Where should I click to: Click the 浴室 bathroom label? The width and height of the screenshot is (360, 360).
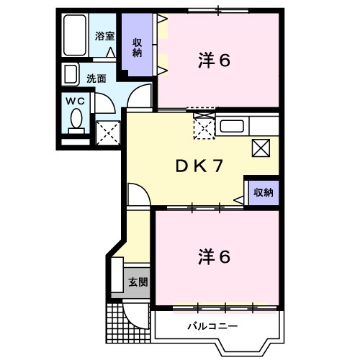tap(105, 36)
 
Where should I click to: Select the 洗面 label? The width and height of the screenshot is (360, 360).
tap(96, 78)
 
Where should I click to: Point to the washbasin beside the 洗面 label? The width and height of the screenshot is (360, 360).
tap(71, 75)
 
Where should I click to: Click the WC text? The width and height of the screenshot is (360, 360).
tap(76, 102)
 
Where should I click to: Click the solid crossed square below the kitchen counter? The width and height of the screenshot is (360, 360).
tap(260, 148)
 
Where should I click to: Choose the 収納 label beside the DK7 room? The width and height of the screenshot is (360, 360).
tap(263, 192)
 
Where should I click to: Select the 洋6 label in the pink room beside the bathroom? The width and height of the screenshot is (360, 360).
tap(214, 61)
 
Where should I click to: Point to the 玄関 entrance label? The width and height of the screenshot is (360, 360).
tap(138, 282)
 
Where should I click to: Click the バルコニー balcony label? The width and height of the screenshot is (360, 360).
tap(213, 326)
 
